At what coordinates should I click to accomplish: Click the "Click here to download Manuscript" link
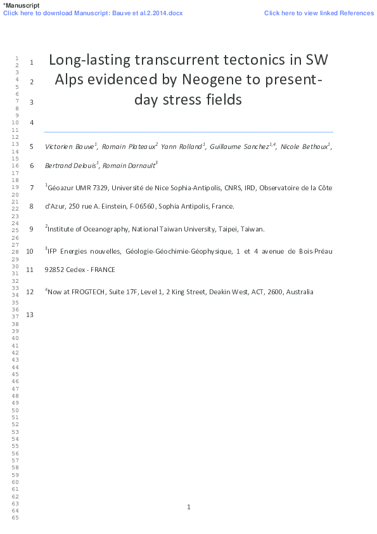(93, 13)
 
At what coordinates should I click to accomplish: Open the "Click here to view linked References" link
(318, 13)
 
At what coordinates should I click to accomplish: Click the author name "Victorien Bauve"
(70, 147)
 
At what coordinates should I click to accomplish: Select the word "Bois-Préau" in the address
(314, 251)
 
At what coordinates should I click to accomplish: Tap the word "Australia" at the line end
(299, 292)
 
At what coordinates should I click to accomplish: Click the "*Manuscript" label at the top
(21, 5)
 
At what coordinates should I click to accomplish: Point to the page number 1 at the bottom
(189, 507)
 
